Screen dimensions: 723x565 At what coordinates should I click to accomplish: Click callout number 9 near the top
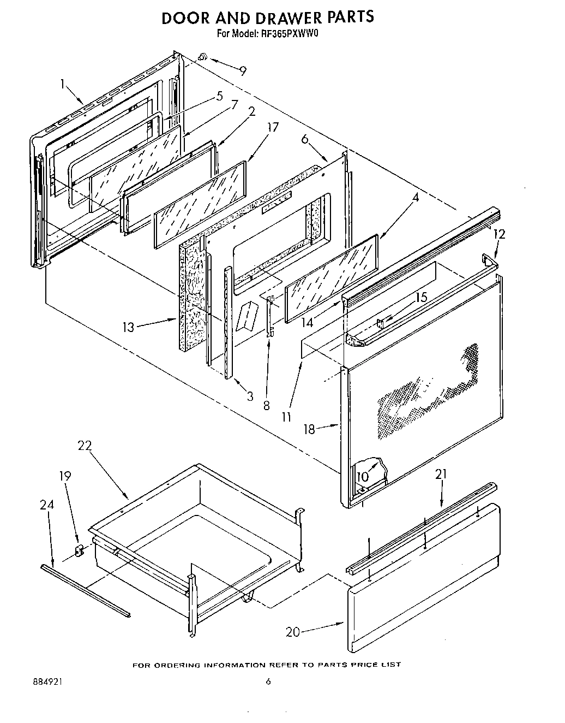point(243,70)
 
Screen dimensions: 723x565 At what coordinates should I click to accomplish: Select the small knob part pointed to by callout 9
point(202,56)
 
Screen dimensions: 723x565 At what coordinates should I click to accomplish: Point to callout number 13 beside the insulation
point(128,327)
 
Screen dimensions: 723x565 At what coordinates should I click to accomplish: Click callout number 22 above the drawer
point(85,446)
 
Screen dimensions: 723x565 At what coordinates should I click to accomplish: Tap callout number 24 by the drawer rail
point(47,506)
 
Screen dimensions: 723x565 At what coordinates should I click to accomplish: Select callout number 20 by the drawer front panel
point(293,632)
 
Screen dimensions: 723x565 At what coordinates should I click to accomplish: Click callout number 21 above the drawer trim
point(441,475)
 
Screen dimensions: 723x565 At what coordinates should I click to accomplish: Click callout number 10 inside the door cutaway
point(362,477)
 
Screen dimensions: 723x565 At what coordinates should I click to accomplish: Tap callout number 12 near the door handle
point(499,234)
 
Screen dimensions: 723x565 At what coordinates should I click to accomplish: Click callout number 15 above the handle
point(422,298)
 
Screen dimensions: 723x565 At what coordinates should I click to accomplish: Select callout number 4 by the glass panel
point(415,198)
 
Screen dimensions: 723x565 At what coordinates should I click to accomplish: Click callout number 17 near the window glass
point(273,128)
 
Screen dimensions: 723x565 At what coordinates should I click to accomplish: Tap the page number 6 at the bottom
point(268,681)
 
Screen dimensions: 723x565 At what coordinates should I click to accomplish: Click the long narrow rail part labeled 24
point(85,590)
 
